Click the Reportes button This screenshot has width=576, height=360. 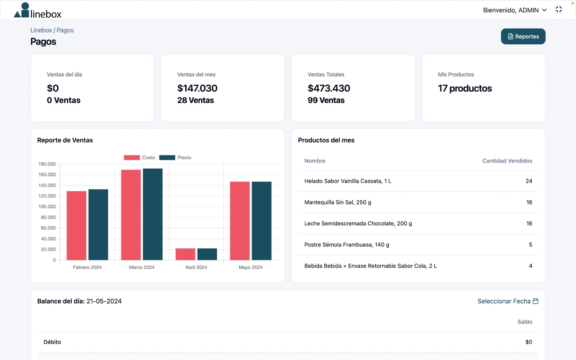click(x=523, y=37)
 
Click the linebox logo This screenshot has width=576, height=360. click(x=38, y=11)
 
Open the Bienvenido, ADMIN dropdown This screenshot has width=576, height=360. click(x=515, y=10)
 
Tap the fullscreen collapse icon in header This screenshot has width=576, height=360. click(x=559, y=9)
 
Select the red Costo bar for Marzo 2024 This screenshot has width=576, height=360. click(x=131, y=215)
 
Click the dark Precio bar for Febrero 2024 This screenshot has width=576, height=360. click(x=98, y=225)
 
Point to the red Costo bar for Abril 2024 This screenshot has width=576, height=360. click(x=185, y=254)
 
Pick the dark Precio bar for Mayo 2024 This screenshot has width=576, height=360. click(x=261, y=221)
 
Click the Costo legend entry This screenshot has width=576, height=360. click(x=140, y=158)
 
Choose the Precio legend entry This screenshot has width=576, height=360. click(x=175, y=158)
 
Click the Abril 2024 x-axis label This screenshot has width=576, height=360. click(x=196, y=267)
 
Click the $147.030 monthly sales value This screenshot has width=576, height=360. click(x=197, y=88)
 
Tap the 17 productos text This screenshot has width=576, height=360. click(x=464, y=88)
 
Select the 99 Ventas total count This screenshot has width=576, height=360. click(x=326, y=101)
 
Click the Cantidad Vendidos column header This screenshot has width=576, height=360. click(x=507, y=161)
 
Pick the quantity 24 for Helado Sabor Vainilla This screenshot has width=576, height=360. click(x=529, y=181)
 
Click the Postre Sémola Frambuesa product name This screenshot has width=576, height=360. click(x=346, y=245)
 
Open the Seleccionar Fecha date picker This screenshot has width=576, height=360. click(x=508, y=301)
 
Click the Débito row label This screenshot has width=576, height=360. click(x=52, y=342)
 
